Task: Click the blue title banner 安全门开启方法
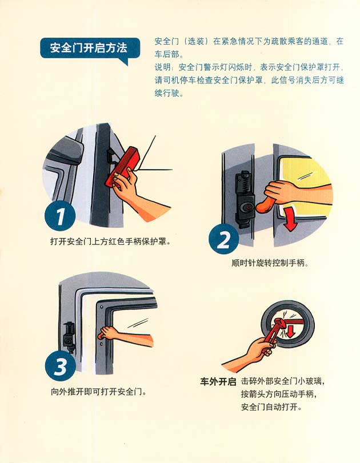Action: tap(89, 48)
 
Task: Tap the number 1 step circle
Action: tap(60, 216)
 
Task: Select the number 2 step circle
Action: tap(224, 239)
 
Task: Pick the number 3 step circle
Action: tap(61, 367)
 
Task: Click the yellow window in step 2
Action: tap(305, 187)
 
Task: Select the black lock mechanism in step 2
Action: tap(245, 199)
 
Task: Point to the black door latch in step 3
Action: tap(70, 337)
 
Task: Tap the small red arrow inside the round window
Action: tap(291, 331)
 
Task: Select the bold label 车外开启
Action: tap(218, 382)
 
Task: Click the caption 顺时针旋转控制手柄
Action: tap(270, 263)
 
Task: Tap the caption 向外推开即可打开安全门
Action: tap(99, 392)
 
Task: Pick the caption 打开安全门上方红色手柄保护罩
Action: tap(110, 241)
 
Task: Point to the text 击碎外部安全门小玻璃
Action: tap(282, 381)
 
